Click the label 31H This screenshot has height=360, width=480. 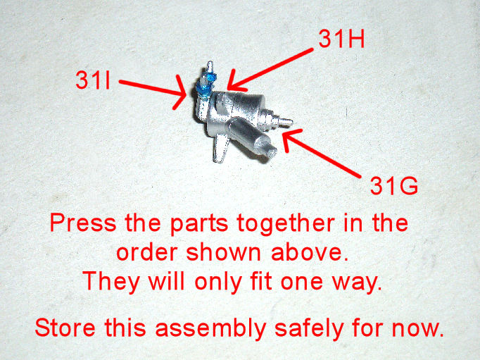pos(341,39)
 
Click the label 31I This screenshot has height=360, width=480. pos(93,80)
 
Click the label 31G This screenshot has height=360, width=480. pos(394,186)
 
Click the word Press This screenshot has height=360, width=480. pos(83,223)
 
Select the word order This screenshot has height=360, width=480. pos(147,252)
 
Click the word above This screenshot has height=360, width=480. pos(310,252)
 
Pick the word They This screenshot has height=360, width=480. pos(111,283)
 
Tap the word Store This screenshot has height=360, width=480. pos(65,328)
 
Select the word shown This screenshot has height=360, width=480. pos(224,252)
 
